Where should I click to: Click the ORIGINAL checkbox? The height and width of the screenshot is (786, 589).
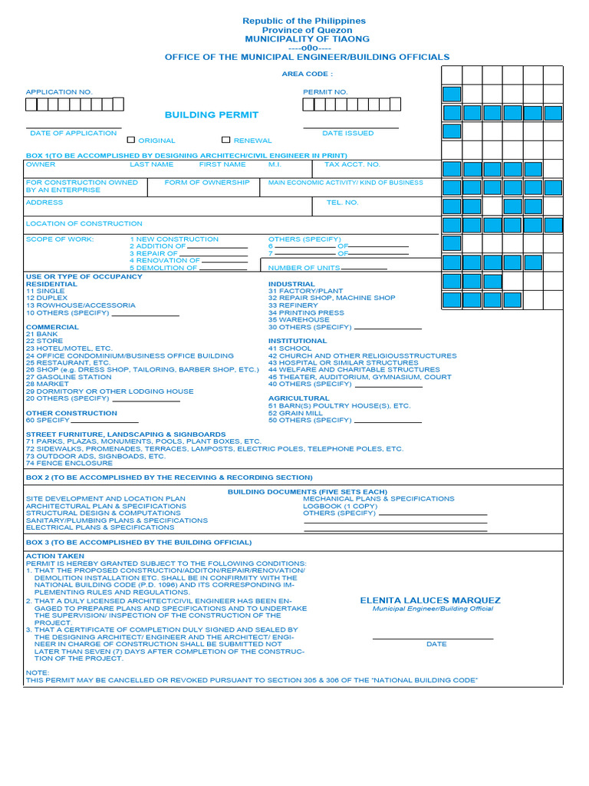131,140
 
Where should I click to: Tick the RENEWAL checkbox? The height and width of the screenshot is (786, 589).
225,140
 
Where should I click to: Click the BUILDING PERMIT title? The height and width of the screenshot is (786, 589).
212,115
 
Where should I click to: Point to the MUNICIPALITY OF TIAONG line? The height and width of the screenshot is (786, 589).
307,38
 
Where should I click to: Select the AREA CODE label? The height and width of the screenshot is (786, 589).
308,74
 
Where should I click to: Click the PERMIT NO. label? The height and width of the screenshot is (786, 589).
325,92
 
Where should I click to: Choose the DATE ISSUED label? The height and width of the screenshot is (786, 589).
347,134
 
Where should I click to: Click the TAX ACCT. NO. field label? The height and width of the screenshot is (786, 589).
352,164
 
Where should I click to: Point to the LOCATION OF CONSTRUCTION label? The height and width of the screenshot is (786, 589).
84,224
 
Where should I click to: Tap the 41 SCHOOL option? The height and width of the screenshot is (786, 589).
290,348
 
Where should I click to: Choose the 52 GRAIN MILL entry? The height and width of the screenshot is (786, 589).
295,413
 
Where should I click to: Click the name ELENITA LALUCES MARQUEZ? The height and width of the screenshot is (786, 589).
430,600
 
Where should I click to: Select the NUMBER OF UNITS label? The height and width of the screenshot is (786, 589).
304,268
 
